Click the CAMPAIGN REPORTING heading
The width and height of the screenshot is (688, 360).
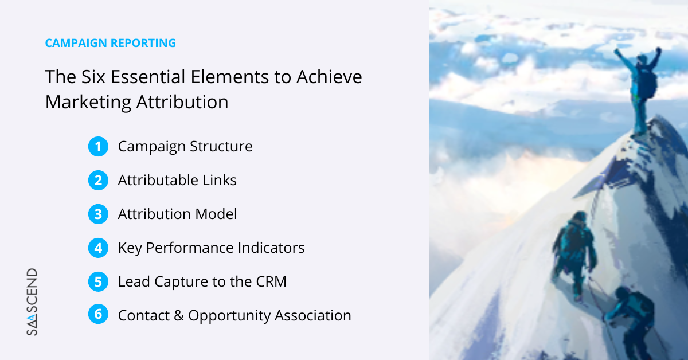click(111, 43)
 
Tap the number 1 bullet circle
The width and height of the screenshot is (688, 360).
click(98, 147)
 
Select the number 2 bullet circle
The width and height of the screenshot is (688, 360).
click(98, 181)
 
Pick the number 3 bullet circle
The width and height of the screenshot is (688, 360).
click(98, 214)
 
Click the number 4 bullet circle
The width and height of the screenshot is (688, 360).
click(98, 248)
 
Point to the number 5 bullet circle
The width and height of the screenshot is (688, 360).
click(98, 281)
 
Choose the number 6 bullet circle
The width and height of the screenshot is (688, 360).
click(98, 314)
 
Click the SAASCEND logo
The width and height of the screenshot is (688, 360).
click(32, 302)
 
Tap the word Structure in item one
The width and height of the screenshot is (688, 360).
click(221, 146)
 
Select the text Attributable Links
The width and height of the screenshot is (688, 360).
click(177, 180)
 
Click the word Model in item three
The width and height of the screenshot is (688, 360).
click(216, 214)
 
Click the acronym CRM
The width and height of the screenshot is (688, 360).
click(271, 281)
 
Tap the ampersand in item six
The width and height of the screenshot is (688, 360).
click(179, 315)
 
